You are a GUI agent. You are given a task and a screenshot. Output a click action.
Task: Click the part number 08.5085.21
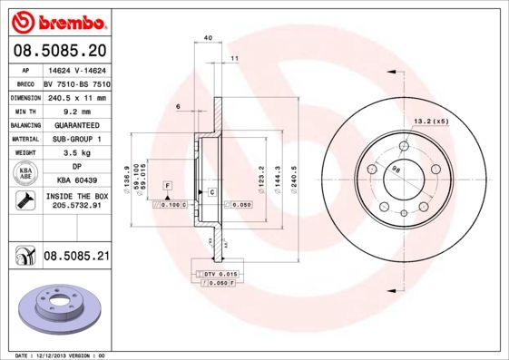76,258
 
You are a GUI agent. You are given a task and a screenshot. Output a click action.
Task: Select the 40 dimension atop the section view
208,38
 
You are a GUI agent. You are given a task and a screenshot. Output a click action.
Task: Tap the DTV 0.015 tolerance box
220,274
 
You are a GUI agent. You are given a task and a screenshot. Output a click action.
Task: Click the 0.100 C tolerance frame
170,206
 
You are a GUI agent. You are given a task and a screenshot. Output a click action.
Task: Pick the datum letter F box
168,185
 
